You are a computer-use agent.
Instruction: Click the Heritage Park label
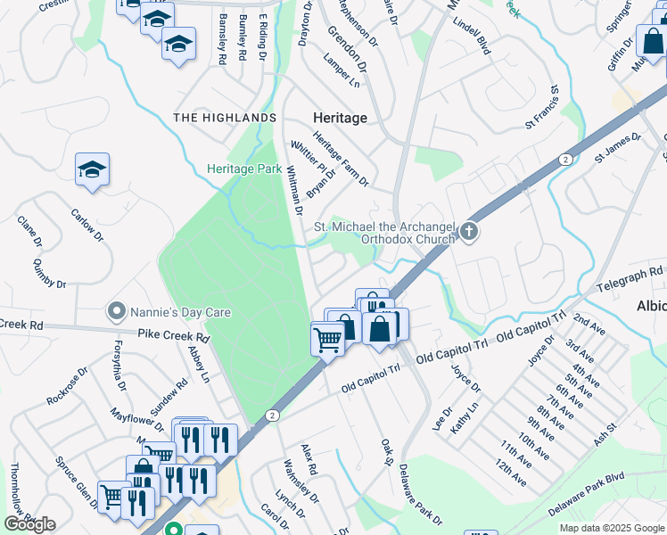[x=243, y=169]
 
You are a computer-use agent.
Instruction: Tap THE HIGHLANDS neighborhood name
[x=225, y=118]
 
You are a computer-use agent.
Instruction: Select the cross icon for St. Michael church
[x=468, y=234]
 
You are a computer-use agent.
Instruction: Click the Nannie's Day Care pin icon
[x=115, y=312]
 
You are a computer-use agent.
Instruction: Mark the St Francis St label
[x=540, y=107]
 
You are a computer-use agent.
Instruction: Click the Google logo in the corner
[x=29, y=524]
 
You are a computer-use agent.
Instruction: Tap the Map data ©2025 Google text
[x=612, y=528]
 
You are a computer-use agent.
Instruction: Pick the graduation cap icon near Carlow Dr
[x=91, y=169]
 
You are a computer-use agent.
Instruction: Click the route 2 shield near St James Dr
[x=565, y=158]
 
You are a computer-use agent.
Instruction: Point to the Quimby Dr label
[x=49, y=272]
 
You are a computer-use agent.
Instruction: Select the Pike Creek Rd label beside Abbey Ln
[x=172, y=338]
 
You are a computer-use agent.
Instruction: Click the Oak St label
[x=387, y=451]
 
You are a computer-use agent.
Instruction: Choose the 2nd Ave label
[x=589, y=321]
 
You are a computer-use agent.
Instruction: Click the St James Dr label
[x=618, y=148]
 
